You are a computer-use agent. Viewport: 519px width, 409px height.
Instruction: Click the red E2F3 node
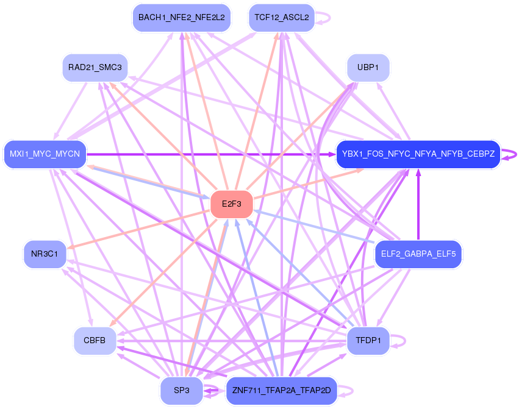pos(231,204)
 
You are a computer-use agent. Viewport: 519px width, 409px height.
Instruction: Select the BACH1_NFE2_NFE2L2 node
pos(182,18)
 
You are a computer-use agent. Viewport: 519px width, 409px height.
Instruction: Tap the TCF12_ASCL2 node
pos(281,18)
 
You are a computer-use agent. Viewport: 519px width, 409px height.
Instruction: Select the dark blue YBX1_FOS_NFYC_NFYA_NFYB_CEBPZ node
pos(418,154)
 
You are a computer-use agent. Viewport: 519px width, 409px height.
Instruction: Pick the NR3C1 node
pos(45,254)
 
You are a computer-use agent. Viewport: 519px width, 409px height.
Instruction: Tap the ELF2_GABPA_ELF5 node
pos(418,254)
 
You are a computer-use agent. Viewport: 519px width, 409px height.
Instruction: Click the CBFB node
pos(95,341)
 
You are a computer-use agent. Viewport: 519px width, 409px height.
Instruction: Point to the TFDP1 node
pos(368,341)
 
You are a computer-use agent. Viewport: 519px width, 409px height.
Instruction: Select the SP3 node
pos(182,391)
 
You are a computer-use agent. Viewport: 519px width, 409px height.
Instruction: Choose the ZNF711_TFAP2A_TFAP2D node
pos(281,391)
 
